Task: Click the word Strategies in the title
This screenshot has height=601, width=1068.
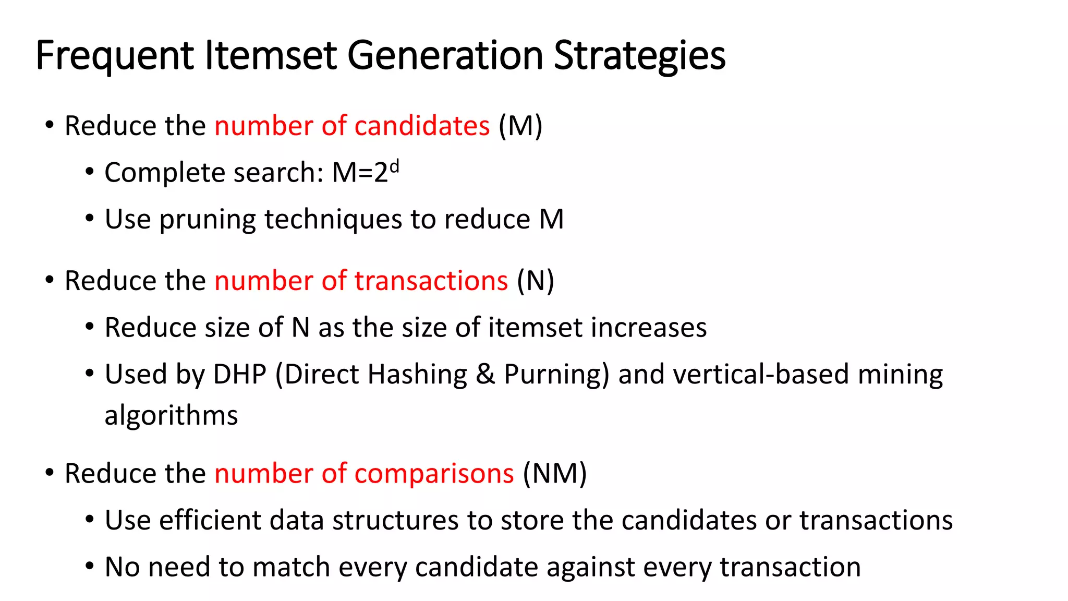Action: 639,55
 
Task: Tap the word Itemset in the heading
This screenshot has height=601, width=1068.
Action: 271,55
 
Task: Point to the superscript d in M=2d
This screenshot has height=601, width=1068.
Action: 394,166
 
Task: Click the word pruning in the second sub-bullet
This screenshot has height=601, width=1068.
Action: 207,219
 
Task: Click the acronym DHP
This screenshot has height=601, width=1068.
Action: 239,375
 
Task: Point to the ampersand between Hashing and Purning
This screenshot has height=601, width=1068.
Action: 485,375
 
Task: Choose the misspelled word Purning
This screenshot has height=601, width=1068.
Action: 556,375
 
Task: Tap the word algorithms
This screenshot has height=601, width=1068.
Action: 171,416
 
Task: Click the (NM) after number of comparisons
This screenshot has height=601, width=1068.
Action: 555,474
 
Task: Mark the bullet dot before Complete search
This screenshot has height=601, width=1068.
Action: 90,172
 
